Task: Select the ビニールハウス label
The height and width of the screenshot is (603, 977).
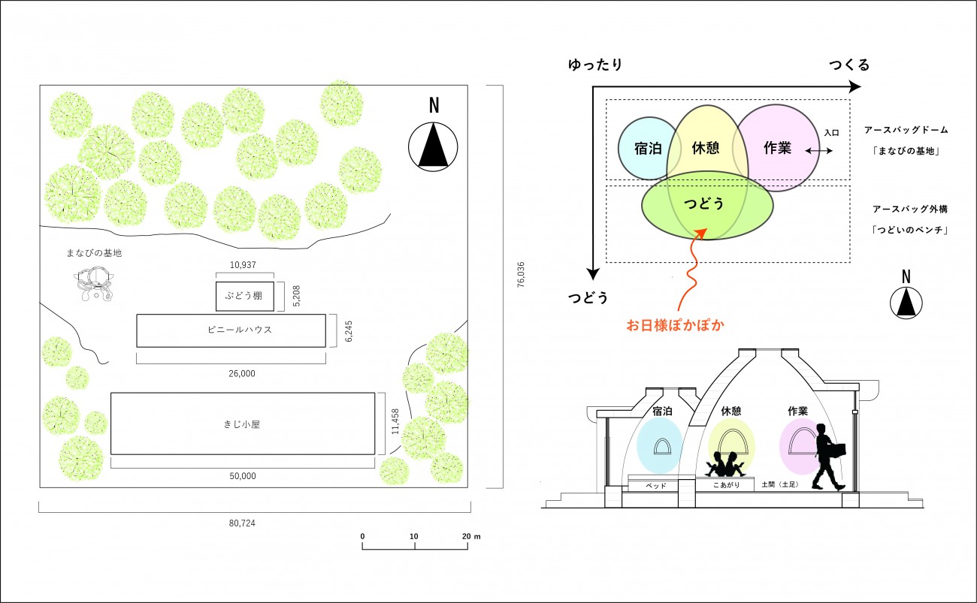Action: (x=240, y=330)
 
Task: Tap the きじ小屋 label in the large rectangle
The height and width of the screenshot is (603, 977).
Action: (x=242, y=424)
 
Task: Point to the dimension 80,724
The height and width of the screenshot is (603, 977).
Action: (x=242, y=523)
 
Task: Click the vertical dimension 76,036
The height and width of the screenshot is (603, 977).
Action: (x=521, y=275)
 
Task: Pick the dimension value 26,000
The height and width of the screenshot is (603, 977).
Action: (x=242, y=373)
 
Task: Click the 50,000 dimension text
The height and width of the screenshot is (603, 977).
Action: (x=243, y=476)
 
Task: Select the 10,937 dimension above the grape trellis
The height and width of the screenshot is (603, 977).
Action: (x=243, y=264)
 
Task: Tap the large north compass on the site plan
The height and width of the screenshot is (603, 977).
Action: (x=433, y=147)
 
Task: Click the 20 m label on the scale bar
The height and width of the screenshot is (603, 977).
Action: (x=471, y=536)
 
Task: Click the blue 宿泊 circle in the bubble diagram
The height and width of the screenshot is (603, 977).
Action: (x=647, y=148)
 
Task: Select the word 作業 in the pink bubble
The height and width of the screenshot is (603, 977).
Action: (x=777, y=148)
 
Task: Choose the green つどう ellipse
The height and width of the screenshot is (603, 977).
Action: (x=707, y=205)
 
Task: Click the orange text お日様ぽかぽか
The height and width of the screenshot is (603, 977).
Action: (x=675, y=325)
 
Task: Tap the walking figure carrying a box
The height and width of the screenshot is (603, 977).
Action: (x=829, y=457)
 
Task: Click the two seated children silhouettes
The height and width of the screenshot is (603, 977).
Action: (x=725, y=464)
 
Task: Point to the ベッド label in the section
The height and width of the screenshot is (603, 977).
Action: (x=655, y=485)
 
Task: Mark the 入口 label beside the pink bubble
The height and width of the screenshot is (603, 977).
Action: (x=831, y=133)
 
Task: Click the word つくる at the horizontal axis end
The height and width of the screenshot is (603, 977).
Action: (x=848, y=65)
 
